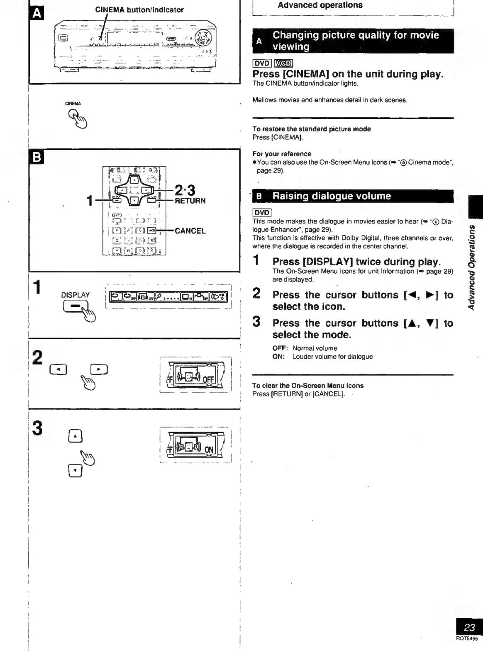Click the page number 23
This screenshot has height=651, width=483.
[x=469, y=627]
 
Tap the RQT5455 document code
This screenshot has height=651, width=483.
[x=467, y=639]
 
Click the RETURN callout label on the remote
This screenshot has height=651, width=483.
[x=190, y=201]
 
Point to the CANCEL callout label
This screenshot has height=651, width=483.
[x=190, y=231]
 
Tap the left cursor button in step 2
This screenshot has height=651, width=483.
[x=58, y=369]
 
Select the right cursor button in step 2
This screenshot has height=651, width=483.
[x=99, y=369]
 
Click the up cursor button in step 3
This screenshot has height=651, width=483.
[x=75, y=436]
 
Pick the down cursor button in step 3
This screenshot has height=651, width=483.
[x=75, y=470]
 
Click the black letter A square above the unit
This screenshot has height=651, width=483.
[x=37, y=14]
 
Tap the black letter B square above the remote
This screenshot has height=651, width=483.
[x=37, y=158]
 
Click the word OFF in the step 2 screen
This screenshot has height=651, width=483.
[x=208, y=380]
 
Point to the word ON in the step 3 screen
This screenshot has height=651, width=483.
[x=209, y=450]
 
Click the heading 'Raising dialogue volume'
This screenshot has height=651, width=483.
[x=332, y=196]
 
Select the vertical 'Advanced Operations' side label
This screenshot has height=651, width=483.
[x=472, y=267]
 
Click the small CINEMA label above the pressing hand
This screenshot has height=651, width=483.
[x=73, y=104]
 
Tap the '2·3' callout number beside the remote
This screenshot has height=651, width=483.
[x=185, y=190]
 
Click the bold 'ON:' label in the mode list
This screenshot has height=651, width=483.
[x=279, y=357]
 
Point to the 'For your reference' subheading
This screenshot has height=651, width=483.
[x=282, y=154]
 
